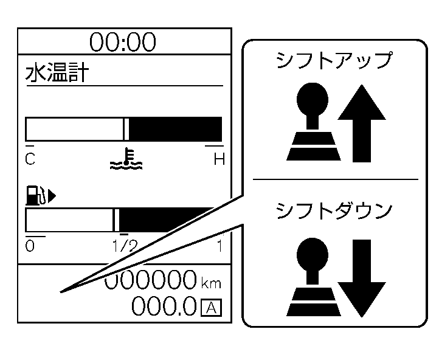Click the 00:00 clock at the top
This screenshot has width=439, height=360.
coord(123,43)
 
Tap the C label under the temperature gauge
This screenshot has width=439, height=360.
coord(30,160)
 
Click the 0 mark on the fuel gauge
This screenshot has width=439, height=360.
coord(30,246)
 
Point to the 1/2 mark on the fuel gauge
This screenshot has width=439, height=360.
coord(125,246)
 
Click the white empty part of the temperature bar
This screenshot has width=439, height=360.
coord(74,130)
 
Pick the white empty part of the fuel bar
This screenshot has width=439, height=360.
coord(69,220)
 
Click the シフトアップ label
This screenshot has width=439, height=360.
coord(334,61)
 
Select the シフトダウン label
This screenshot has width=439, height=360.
coord(334,211)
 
